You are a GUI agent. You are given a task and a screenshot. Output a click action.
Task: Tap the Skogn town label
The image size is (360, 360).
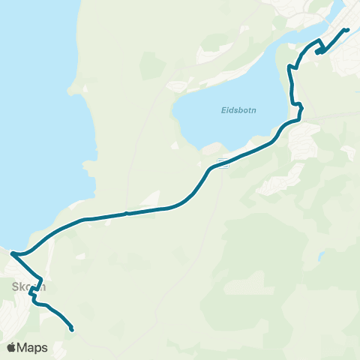click(x=29, y=286)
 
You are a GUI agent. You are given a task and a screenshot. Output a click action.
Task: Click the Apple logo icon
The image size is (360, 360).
click(x=11, y=347)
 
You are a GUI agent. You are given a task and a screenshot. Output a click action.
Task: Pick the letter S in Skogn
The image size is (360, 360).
click(x=15, y=286)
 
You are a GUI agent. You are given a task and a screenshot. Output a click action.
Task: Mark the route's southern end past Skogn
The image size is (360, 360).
click(x=71, y=328)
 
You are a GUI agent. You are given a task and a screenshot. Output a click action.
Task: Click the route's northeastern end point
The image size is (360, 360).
click(x=347, y=29)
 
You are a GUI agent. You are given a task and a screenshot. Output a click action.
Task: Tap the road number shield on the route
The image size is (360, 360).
click(x=222, y=161)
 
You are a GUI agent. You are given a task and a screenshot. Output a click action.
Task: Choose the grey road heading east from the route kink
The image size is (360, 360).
click(x=334, y=116)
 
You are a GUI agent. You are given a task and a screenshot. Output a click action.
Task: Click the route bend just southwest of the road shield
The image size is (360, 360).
click(x=206, y=175)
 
